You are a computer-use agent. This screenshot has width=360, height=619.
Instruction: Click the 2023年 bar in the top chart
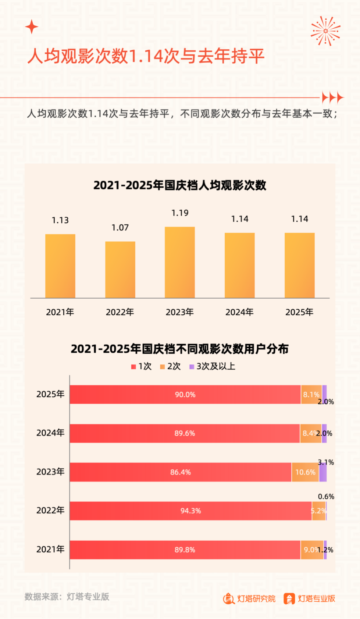pos(179,262)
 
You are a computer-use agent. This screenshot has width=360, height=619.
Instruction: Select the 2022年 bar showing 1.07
pos(120,270)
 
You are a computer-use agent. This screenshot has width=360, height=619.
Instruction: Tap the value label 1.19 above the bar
pos(180,213)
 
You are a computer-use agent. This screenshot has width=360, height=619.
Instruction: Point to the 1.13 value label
pos(60,220)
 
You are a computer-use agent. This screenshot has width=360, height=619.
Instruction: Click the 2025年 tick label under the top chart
pos(299,312)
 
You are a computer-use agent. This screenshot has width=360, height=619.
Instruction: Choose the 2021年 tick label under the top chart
pos(60,312)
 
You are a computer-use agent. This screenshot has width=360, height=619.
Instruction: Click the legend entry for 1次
pos(142,366)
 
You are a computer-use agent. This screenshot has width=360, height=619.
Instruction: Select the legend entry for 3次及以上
pos(213,366)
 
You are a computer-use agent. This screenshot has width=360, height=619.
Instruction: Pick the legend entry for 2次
pos(171,366)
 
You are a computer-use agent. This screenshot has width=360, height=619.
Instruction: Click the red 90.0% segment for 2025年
pos(185,395)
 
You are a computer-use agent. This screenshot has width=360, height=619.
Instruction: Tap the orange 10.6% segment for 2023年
pos(305,472)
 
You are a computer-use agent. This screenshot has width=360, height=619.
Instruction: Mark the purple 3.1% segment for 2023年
pos(323,472)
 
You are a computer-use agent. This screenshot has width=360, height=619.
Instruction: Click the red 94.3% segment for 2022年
pos(190,511)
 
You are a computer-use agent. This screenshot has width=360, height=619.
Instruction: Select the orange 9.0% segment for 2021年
pos(311,550)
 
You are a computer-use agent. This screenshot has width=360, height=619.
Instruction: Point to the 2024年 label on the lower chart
pos(50,433)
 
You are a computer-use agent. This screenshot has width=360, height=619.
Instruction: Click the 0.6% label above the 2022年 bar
pos(326,497)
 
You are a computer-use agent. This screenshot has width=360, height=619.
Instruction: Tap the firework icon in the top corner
pos(325,31)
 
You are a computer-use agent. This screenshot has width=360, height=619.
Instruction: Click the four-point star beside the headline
pos(32,27)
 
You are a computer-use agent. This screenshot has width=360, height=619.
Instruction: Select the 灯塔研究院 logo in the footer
pos(249,599)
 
